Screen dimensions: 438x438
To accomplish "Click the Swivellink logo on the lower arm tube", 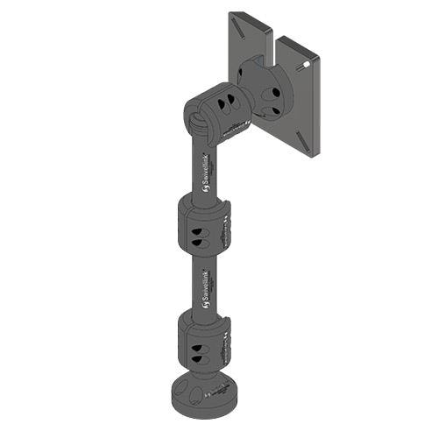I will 204,284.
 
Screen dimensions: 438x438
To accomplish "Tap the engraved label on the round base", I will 215,395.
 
